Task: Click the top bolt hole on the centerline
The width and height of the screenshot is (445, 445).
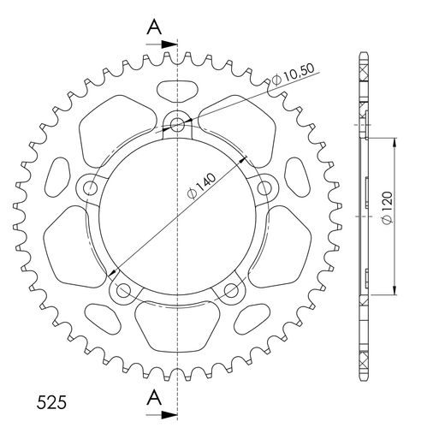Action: [x=178, y=125]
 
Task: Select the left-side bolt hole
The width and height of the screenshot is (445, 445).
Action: [x=89, y=187]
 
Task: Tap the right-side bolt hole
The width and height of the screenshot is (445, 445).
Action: [x=266, y=187]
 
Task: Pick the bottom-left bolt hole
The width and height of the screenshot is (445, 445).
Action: [x=122, y=291]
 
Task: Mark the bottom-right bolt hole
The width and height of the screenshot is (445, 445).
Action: [x=232, y=291]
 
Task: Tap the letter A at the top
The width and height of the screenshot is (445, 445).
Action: [x=154, y=27]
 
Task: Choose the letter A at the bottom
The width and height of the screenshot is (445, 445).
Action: [x=154, y=395]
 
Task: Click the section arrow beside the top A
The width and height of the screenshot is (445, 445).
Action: [x=165, y=41]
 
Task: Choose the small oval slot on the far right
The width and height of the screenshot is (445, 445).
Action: [x=300, y=177]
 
